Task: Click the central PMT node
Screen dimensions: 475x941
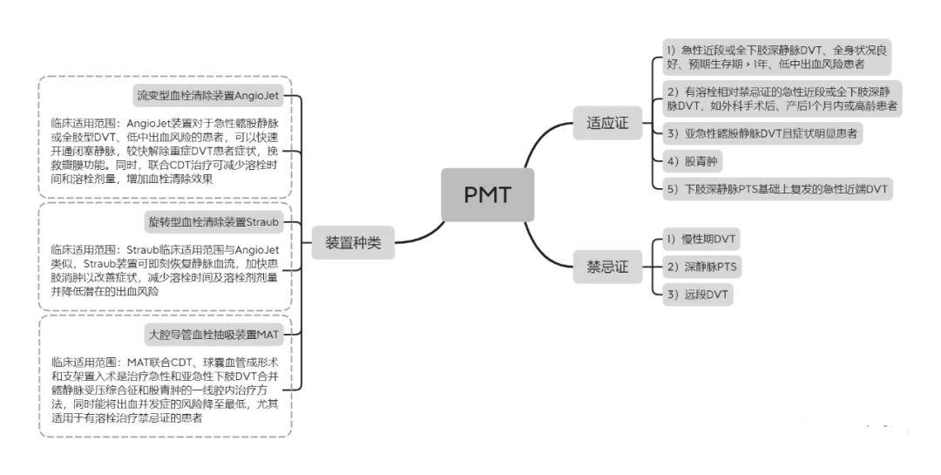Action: pyautogui.click(x=486, y=193)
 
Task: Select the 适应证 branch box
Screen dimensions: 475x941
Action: pyautogui.click(x=607, y=124)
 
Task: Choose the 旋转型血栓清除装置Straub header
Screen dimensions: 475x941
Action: pyautogui.click(x=213, y=222)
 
